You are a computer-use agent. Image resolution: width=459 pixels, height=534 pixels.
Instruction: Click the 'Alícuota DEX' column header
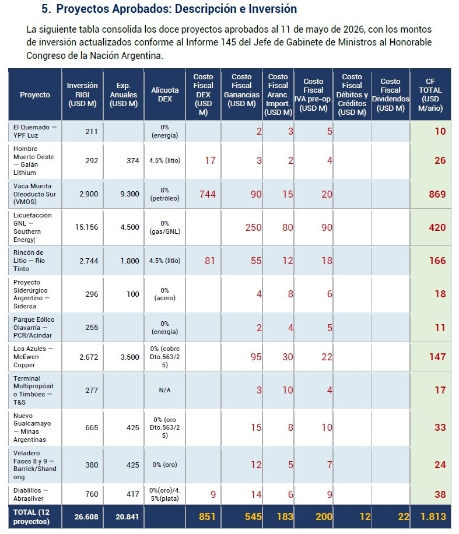coord(164,94)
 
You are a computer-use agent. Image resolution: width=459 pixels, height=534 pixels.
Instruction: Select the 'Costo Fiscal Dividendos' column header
coord(391,94)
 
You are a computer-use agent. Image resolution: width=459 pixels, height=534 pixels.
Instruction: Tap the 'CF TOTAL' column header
coord(430,94)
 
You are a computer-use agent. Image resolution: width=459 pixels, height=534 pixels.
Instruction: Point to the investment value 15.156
coord(86,227)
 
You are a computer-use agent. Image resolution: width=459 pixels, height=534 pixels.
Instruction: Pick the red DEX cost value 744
coord(208,194)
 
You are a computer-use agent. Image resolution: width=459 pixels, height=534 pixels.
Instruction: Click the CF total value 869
coord(437,194)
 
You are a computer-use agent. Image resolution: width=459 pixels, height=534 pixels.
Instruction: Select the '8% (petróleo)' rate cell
coord(164,194)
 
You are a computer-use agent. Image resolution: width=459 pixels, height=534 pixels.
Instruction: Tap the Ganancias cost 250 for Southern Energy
coord(254,227)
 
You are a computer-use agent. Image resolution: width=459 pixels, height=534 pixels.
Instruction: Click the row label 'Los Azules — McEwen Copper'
coord(33,357)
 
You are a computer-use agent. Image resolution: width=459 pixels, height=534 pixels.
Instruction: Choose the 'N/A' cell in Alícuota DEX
coord(164,390)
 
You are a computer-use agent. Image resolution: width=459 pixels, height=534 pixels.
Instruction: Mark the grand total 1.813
coord(433,517)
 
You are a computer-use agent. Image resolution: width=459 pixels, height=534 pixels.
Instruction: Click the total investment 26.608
coord(86,517)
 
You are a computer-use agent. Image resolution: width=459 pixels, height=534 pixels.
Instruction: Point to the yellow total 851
coord(207,517)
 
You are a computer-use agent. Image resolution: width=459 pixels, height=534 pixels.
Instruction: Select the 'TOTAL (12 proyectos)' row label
coord(31,517)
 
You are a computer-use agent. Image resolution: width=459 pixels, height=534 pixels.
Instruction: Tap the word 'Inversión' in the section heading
coord(272,9)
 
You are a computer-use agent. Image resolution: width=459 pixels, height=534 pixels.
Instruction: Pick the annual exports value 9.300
coord(129,194)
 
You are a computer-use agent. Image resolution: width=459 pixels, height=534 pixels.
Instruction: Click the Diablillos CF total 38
coord(440,494)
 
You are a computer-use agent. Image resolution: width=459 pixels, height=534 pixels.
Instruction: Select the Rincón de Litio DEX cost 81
coord(209,261)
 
